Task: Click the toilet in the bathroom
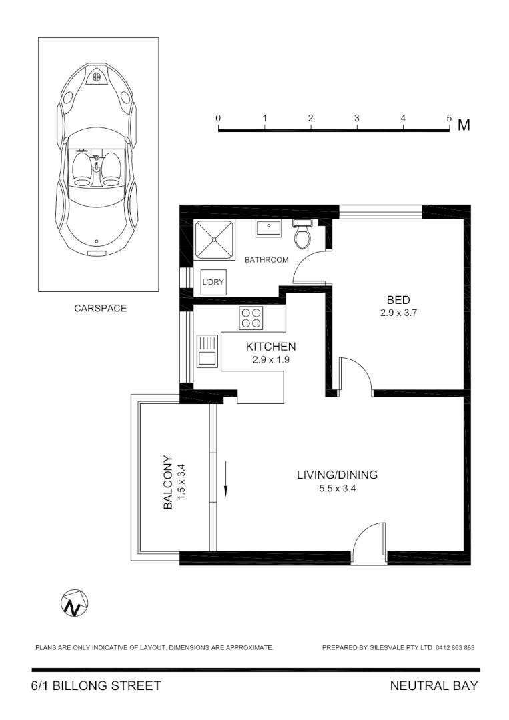click(x=302, y=234)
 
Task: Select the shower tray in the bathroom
click(x=214, y=239)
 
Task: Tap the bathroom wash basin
click(x=269, y=229)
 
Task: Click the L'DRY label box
click(x=213, y=281)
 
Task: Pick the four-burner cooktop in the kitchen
click(x=251, y=317)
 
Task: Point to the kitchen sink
click(x=207, y=350)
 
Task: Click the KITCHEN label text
click(x=270, y=347)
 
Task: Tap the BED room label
click(x=398, y=299)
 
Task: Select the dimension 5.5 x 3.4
click(x=337, y=488)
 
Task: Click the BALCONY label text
click(x=168, y=482)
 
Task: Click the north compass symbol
click(x=74, y=603)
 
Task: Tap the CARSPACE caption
click(x=100, y=309)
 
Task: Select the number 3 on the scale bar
click(x=357, y=118)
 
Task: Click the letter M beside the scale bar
click(x=464, y=125)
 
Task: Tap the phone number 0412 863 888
click(x=456, y=647)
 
